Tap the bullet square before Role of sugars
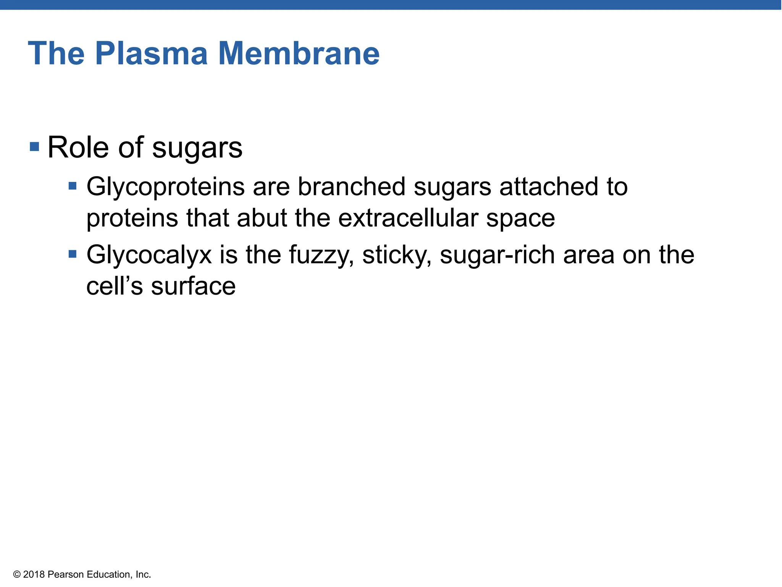pos(34,146)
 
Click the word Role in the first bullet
pos(78,148)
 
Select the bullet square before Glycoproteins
pos(73,186)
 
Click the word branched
pos(351,187)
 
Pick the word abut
pos(262,218)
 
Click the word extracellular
pos(408,218)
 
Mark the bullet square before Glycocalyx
pos(73,254)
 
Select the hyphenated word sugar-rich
pos(497,255)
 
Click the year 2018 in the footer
pos(34,574)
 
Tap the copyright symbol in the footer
pos(17,574)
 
